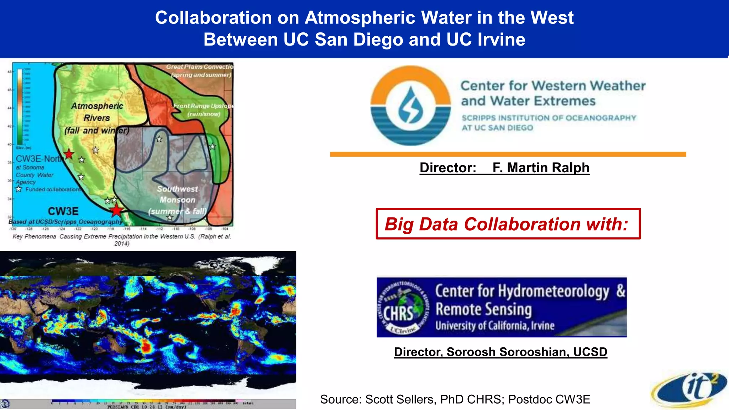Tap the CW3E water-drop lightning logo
[410, 105]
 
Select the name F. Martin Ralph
[541, 168]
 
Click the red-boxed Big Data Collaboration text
[508, 224]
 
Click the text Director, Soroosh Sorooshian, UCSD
[500, 352]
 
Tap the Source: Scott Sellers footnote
[455, 399]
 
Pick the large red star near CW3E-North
[69, 154]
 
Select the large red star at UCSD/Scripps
[116, 210]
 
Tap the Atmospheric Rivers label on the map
[97, 112]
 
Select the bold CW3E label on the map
[63, 211]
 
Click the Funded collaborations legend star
[19, 189]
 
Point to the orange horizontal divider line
[508, 154]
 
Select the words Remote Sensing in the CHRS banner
[483, 309]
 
